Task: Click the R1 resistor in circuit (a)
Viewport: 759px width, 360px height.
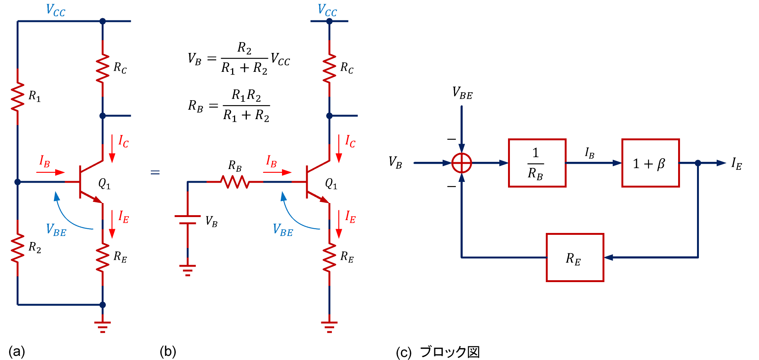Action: coord(18,97)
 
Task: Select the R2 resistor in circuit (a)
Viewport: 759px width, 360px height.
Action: coord(18,248)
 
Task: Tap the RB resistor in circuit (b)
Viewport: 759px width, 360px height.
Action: coord(235,182)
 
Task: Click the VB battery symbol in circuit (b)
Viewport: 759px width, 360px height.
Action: coord(187,220)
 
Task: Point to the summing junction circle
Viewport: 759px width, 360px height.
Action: coord(462,163)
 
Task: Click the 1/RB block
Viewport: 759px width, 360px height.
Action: coord(537,163)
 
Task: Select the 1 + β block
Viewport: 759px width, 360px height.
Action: coord(650,163)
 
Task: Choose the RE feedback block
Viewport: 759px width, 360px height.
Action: coord(575,258)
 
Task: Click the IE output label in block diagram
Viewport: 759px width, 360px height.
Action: coord(736,164)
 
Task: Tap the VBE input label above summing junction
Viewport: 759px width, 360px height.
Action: coord(462,93)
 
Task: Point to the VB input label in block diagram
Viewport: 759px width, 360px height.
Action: coord(395,163)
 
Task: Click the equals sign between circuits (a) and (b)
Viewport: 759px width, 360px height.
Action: coord(155,172)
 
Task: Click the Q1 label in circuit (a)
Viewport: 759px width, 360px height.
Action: coord(104,184)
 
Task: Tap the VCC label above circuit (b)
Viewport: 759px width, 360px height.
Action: coord(327,10)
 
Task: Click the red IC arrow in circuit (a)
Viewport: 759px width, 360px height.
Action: coord(112,149)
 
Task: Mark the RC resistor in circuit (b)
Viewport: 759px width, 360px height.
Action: coord(329,68)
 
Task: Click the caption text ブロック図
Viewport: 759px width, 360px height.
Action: coord(449,352)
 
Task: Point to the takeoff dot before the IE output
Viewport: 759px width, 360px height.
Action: coord(698,163)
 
